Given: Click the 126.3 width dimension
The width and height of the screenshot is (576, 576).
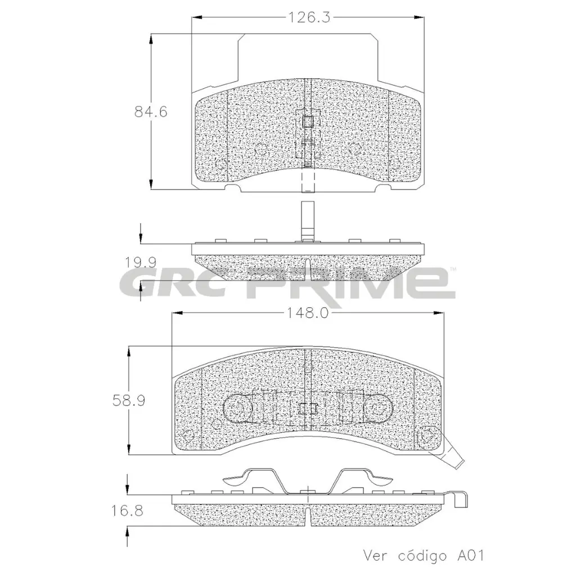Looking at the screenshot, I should tap(308, 17).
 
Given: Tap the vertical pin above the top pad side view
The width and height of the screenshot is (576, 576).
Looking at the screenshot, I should tap(307, 220).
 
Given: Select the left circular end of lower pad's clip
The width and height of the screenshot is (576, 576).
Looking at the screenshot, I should tap(237, 409).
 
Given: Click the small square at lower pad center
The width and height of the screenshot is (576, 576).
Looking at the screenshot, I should tap(307, 409).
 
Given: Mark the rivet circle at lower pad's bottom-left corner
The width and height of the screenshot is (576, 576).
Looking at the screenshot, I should tap(188, 435).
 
